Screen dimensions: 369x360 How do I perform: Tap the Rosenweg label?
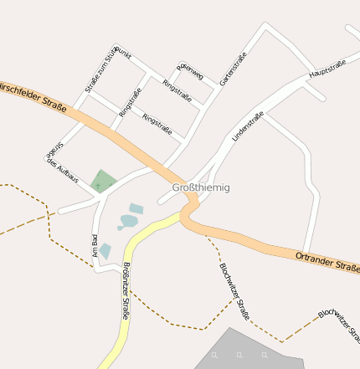(189, 71)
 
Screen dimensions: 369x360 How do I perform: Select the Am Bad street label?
(95, 245)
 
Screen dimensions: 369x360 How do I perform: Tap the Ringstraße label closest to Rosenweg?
(177, 92)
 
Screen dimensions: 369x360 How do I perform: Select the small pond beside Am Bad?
(105, 251)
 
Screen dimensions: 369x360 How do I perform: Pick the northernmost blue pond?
(136, 208)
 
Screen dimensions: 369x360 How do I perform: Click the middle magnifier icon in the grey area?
(239, 356)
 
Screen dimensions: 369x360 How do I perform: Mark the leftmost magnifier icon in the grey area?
(214, 356)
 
